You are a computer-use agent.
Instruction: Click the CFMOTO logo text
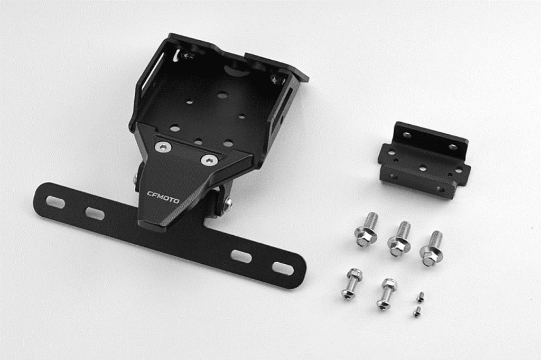[x=163, y=197]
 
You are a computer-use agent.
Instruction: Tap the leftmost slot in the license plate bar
[x=55, y=202]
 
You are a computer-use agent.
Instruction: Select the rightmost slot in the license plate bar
[x=283, y=268]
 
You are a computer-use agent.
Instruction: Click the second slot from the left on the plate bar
[x=95, y=214]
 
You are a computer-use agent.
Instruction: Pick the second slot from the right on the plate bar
[x=241, y=256]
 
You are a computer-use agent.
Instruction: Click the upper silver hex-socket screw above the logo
[x=163, y=147]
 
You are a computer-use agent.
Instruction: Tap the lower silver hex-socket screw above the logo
[x=209, y=160]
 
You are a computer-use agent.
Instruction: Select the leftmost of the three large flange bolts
[x=367, y=229]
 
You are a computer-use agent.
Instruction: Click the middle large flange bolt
[x=400, y=239]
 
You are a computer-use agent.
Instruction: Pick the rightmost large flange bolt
[x=432, y=248]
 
